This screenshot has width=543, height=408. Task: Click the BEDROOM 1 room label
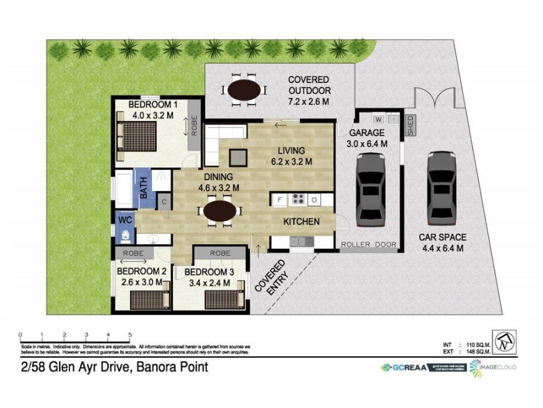point(153,105)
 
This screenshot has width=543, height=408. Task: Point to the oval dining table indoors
point(220,211)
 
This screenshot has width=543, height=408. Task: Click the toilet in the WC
point(128,235)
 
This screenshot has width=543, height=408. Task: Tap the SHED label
point(410,126)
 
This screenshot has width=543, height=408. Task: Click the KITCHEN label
point(302,221)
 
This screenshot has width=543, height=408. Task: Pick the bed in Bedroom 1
point(138,140)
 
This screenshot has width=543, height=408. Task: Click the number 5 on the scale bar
point(130,335)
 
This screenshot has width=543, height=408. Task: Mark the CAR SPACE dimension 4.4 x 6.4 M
point(442,248)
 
